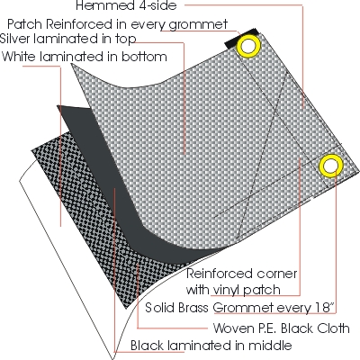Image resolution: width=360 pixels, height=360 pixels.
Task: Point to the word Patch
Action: [x=25, y=24]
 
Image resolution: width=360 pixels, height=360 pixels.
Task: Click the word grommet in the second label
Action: [x=198, y=25]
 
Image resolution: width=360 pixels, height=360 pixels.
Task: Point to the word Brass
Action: [x=193, y=308]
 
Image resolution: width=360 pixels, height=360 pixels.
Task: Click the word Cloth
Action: [x=333, y=328]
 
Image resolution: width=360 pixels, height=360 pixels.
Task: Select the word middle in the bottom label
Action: [x=268, y=346]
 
